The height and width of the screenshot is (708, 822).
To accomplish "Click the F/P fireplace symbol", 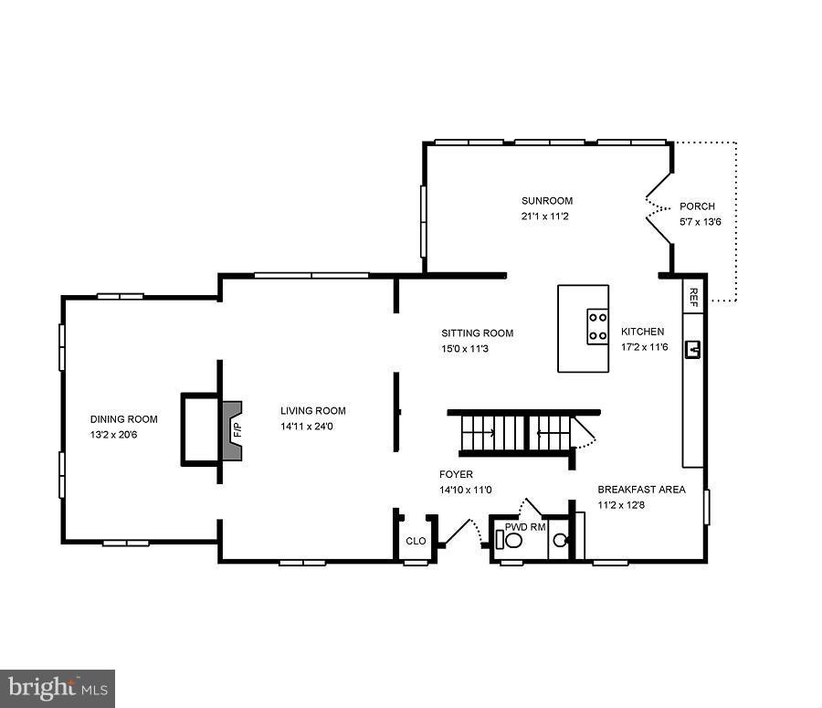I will click(x=233, y=428).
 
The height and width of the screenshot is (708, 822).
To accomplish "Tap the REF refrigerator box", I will click(x=693, y=295).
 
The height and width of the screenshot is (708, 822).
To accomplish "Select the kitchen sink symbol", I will click(x=693, y=348).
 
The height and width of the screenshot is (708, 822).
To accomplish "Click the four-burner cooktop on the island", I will click(x=597, y=326).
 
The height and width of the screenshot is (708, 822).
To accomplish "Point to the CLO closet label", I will click(x=416, y=541).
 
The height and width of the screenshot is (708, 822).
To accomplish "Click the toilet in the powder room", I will click(x=512, y=540).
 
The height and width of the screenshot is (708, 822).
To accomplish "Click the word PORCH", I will click(x=697, y=206).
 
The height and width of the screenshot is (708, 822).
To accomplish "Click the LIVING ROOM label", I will click(x=313, y=411).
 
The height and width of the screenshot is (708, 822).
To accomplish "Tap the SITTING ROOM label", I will click(x=477, y=333).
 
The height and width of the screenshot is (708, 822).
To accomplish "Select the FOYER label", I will click(x=456, y=474).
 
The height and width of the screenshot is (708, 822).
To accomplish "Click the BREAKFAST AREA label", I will click(x=641, y=490).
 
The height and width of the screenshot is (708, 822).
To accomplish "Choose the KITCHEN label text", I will click(x=643, y=332).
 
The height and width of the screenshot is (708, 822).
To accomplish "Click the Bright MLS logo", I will click(x=58, y=687).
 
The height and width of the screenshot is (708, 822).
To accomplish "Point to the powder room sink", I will click(x=559, y=540).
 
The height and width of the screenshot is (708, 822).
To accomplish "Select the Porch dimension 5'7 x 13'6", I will click(x=701, y=222).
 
